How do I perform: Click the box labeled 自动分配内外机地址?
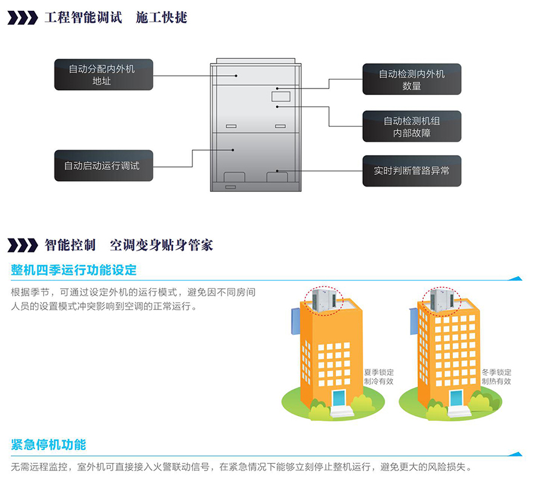[x=102, y=75]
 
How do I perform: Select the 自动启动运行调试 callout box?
[x=102, y=165]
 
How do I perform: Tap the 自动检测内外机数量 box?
[x=412, y=79]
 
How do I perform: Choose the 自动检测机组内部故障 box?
[x=412, y=127]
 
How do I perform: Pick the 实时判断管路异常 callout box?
[x=412, y=171]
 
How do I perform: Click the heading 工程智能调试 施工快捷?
[x=116, y=18]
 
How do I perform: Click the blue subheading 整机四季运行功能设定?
[x=74, y=269]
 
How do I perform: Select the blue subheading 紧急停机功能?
[x=48, y=445]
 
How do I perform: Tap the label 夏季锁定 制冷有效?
[x=378, y=377]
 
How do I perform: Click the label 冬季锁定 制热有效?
[x=497, y=377]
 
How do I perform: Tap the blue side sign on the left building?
[x=295, y=321]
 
